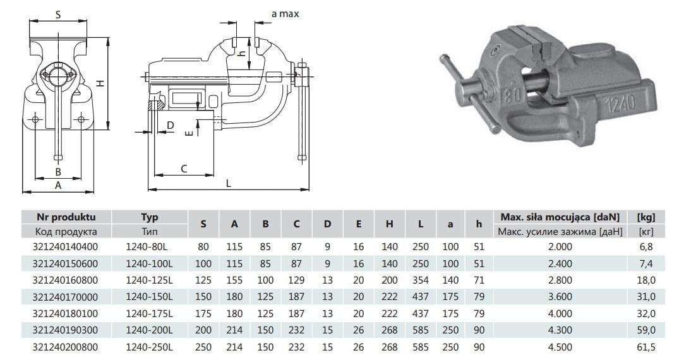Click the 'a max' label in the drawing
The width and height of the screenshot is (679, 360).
(x=285, y=14)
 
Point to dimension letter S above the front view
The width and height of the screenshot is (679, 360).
(x=58, y=15)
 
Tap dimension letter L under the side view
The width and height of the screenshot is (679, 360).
(x=229, y=183)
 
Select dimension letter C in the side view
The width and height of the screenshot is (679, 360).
(x=184, y=169)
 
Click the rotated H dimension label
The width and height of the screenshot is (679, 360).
(x=100, y=83)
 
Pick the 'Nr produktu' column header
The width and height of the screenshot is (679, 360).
(x=66, y=217)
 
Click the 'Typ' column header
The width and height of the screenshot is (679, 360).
(x=150, y=217)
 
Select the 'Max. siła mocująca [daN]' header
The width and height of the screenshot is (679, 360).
(x=560, y=217)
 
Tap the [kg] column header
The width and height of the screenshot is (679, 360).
(x=646, y=217)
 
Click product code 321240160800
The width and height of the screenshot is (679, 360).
(x=66, y=280)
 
